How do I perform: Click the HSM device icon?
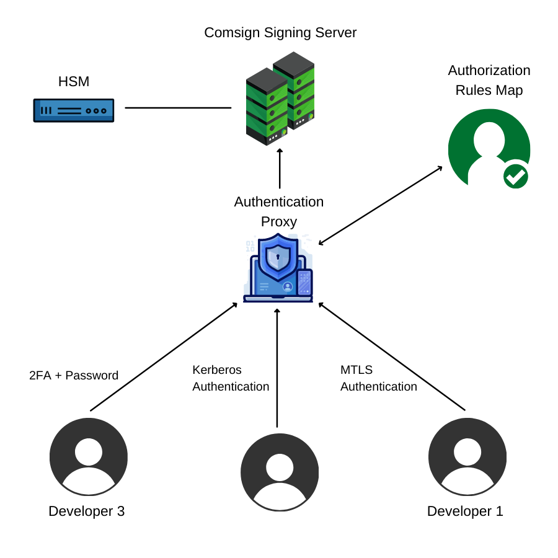74,110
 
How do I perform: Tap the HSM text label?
74,81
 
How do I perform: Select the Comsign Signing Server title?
280,32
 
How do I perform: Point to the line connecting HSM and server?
178,108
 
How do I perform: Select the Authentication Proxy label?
279,211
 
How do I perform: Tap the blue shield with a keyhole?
278,257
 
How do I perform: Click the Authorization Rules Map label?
489,80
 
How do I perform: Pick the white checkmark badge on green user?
515,176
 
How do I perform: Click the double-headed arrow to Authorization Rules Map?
381,205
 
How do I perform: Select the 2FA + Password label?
74,375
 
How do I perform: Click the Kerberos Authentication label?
231,378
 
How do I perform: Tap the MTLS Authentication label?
378,378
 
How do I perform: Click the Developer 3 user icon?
89,456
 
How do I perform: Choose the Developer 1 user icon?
467,456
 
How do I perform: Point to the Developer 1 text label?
465,511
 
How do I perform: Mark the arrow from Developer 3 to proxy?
164,356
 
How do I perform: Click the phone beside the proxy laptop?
304,282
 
